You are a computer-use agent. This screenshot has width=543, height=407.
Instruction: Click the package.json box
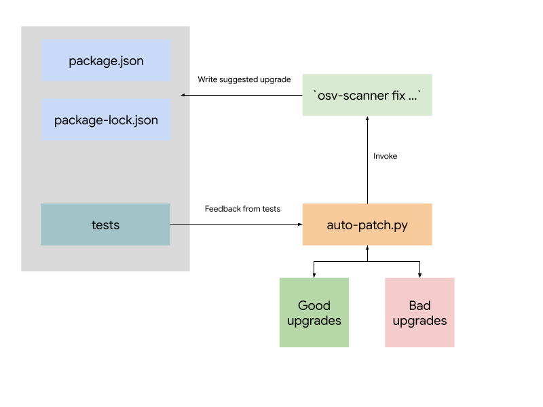coord(106,60)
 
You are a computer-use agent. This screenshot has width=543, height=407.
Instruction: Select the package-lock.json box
coord(106,121)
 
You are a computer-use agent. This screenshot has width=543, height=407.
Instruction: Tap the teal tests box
coord(105,225)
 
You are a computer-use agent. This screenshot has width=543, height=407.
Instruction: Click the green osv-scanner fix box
coord(367,95)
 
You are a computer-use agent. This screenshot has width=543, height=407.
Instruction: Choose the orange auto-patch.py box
coord(367,225)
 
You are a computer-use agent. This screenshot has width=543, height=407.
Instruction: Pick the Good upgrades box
coord(314,313)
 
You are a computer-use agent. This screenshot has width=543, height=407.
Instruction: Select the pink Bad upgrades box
coord(419,313)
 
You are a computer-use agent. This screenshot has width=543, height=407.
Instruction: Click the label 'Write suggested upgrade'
coord(244,79)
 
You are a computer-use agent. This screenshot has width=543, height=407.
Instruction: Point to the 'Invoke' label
coord(386,156)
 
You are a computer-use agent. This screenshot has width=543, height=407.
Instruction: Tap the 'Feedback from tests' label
coord(242,209)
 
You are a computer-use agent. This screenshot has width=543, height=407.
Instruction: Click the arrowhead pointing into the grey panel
coord(184,95)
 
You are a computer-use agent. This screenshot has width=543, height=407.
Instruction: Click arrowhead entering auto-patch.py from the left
coord(299,225)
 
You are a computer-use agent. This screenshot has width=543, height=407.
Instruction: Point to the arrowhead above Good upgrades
coord(314,275)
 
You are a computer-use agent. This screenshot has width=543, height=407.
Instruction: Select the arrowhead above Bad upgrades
coord(419,275)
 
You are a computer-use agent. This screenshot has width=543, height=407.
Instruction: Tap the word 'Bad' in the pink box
coord(419,305)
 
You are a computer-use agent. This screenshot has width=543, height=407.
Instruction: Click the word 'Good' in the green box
coord(314,305)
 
